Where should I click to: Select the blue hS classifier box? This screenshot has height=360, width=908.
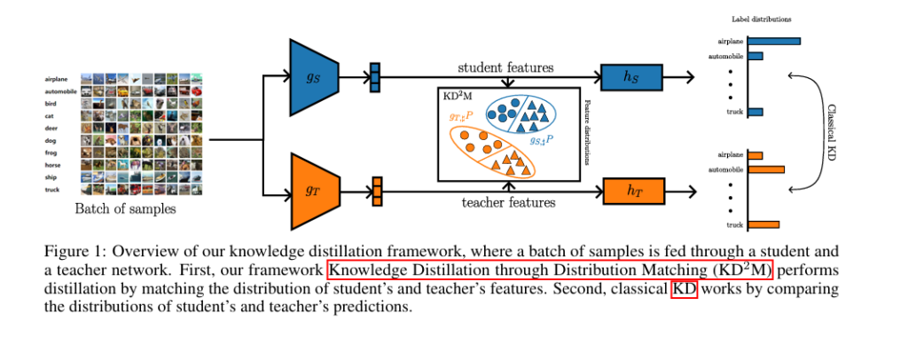click(630, 78)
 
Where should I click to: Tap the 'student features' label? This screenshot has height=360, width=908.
click(505, 67)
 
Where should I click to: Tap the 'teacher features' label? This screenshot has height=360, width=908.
click(508, 202)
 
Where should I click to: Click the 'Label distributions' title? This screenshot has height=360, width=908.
click(762, 19)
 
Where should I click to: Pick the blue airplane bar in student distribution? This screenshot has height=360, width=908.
click(773, 41)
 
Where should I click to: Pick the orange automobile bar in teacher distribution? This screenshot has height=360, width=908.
click(766, 169)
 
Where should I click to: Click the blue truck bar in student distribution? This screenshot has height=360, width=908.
click(755, 112)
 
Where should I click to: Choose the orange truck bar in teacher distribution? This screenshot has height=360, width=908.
click(763, 224)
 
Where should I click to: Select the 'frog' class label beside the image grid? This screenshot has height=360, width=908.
click(52, 152)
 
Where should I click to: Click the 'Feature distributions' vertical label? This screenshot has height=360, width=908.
click(587, 132)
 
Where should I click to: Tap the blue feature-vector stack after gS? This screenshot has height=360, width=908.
click(374, 77)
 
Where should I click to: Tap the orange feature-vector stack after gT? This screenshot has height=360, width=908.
click(377, 191)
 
